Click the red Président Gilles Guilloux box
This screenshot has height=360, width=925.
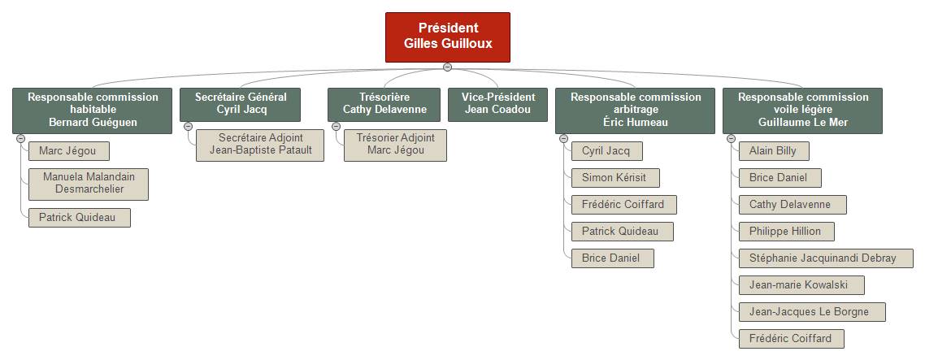pyautogui.click(x=448, y=37)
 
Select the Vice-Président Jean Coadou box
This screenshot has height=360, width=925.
pyautogui.click(x=498, y=105)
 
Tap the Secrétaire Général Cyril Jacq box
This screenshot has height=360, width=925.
pyautogui.click(x=241, y=105)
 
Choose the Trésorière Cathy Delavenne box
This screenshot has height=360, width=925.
pyautogui.click(x=384, y=105)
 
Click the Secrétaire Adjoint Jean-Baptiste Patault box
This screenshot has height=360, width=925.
pyautogui.click(x=260, y=145)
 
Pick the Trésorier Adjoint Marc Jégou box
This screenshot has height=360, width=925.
pyautogui.click(x=395, y=145)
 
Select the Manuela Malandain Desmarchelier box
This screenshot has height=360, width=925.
pyautogui.click(x=89, y=184)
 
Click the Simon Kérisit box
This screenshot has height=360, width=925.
pyautogui.click(x=615, y=178)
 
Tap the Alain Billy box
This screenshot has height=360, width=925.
pyautogui.click(x=774, y=151)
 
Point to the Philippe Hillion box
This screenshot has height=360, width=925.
pyautogui.click(x=786, y=232)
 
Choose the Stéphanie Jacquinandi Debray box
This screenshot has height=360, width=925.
pyautogui.click(x=826, y=258)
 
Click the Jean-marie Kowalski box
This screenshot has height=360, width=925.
pyautogui.click(x=801, y=285)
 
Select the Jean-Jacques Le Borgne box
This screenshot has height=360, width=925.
pyautogui.click(x=812, y=312)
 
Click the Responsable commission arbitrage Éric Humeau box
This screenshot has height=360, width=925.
pyautogui.click(x=635, y=111)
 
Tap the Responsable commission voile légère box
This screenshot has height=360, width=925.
pyautogui.click(x=802, y=111)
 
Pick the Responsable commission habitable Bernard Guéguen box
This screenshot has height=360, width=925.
pyautogui.click(x=93, y=111)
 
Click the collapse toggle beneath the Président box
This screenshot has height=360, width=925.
pyautogui.click(x=447, y=67)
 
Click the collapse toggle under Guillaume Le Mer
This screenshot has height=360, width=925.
pyautogui.click(x=731, y=139)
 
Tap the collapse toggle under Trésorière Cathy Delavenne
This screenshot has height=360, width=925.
pyautogui.click(x=337, y=126)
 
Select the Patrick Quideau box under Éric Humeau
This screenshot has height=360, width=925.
pyautogui.click(x=623, y=232)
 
